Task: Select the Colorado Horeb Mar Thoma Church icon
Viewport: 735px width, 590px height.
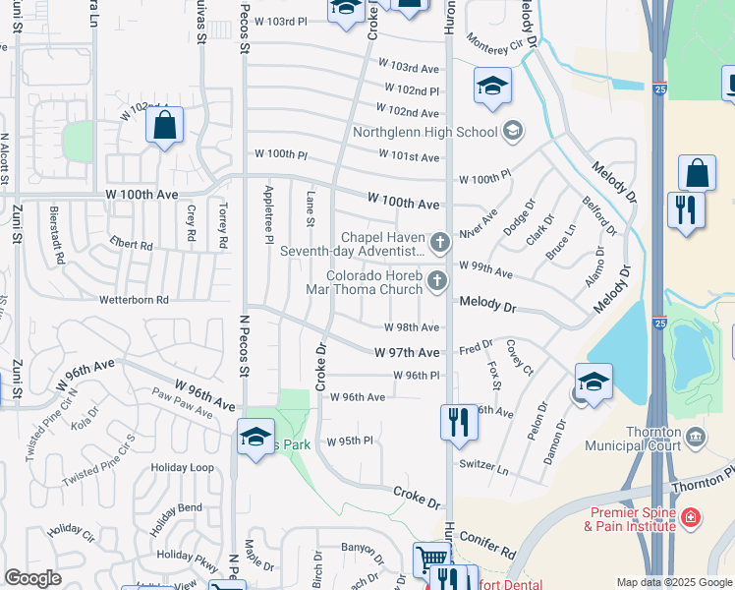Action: [438, 282]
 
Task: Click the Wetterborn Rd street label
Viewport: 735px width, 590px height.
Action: [134, 299]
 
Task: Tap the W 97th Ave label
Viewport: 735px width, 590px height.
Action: [407, 352]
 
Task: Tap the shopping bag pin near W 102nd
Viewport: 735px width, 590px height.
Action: [164, 126]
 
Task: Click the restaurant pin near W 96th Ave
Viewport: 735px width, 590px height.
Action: [458, 421]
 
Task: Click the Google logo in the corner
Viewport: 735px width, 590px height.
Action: [32, 578]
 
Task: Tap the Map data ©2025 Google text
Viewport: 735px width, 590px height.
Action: [674, 582]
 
